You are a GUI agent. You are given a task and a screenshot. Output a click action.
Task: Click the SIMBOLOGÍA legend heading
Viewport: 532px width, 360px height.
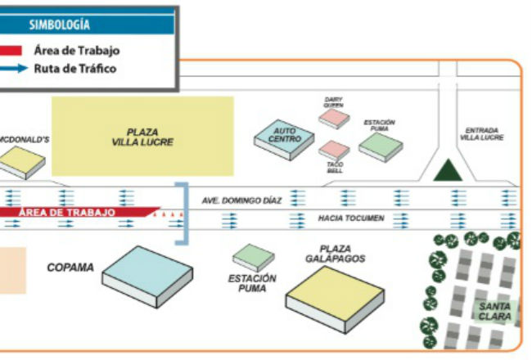[x=60, y=25]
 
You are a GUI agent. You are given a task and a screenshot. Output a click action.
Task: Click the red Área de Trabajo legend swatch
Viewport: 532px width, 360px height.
[x=11, y=51]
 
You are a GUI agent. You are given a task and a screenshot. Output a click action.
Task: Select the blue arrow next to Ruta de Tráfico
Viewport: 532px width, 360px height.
[x=14, y=68]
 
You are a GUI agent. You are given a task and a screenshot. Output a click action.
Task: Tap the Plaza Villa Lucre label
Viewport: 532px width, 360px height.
[x=142, y=137]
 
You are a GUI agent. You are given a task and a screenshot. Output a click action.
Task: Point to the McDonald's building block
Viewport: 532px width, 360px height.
[x=22, y=163]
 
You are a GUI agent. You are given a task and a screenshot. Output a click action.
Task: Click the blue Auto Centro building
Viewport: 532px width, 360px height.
[x=284, y=139]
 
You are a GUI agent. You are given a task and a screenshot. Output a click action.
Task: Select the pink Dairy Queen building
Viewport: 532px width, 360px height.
[x=334, y=119]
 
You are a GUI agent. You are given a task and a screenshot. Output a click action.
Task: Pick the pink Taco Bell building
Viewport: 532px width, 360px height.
[x=334, y=150]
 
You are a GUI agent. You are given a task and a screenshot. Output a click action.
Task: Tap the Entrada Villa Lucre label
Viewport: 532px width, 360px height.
[x=482, y=134]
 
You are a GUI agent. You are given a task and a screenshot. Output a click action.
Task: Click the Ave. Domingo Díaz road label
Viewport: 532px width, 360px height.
[x=242, y=201]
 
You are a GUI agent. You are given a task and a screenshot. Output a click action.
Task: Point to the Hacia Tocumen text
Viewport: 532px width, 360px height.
[x=351, y=218]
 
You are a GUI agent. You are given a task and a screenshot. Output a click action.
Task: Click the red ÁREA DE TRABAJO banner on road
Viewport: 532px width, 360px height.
[x=79, y=212]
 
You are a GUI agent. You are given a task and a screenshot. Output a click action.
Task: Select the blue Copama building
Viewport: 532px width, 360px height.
[x=147, y=277]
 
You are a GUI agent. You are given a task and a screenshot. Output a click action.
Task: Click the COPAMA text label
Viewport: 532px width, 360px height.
[x=70, y=268]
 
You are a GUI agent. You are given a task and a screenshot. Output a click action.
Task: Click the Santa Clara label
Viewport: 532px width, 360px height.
[x=494, y=312]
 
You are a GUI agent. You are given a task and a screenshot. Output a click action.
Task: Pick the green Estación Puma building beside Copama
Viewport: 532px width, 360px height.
[x=254, y=258]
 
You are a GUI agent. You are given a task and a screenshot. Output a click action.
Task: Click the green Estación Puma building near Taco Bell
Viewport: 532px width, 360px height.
[x=381, y=147]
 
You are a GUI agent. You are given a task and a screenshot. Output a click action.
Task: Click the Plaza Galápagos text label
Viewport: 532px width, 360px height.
[x=336, y=254]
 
